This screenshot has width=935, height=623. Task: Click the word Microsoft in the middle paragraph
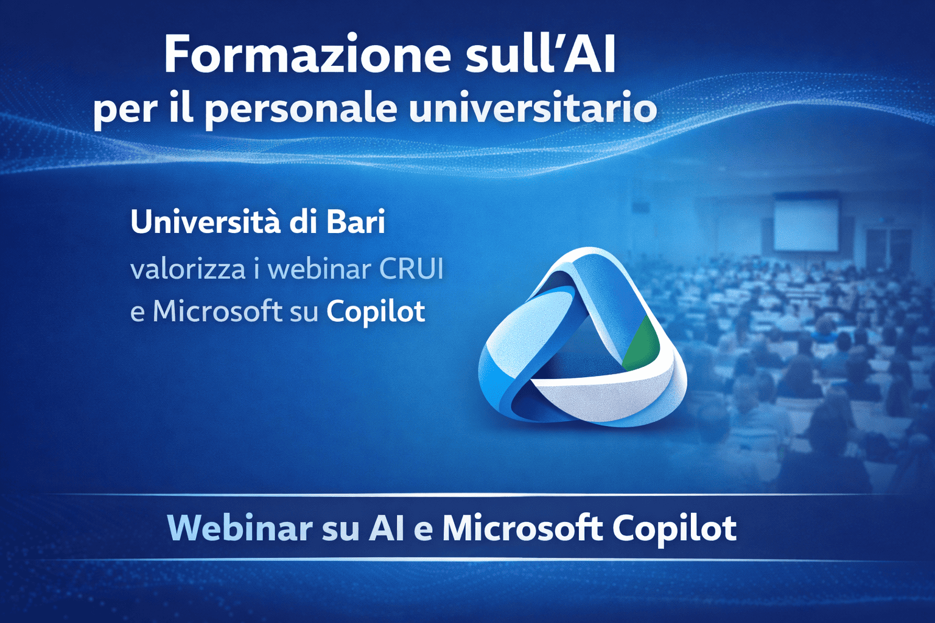pos(217,311)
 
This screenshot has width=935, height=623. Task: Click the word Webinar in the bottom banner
pos(240,528)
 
